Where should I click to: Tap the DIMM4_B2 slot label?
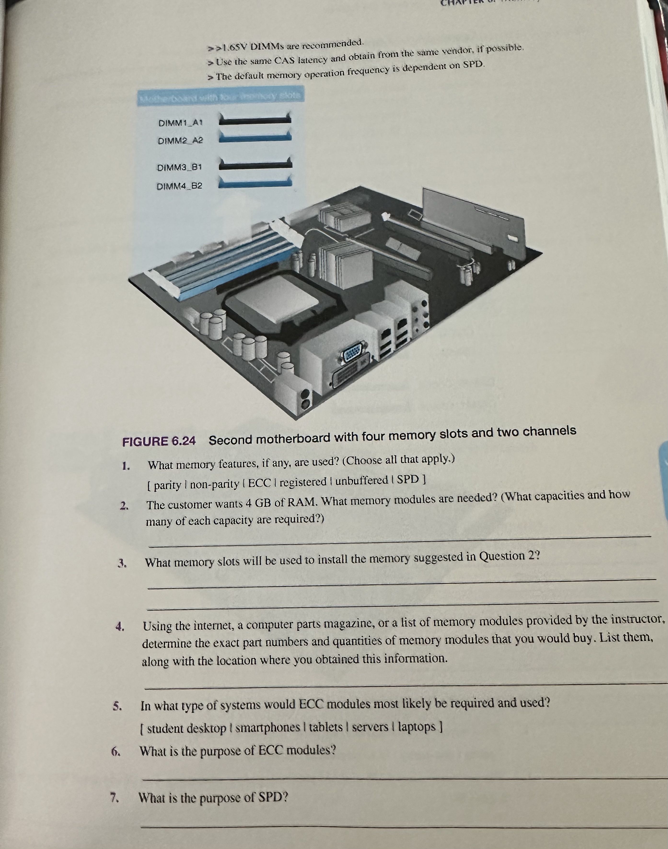click(180, 186)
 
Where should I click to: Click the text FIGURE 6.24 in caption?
click(159, 441)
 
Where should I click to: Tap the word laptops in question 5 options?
click(417, 726)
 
